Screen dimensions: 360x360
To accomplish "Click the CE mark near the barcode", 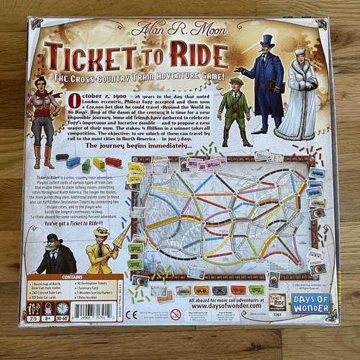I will pos(132,315).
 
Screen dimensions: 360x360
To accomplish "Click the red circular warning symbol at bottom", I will pos(175,315).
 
